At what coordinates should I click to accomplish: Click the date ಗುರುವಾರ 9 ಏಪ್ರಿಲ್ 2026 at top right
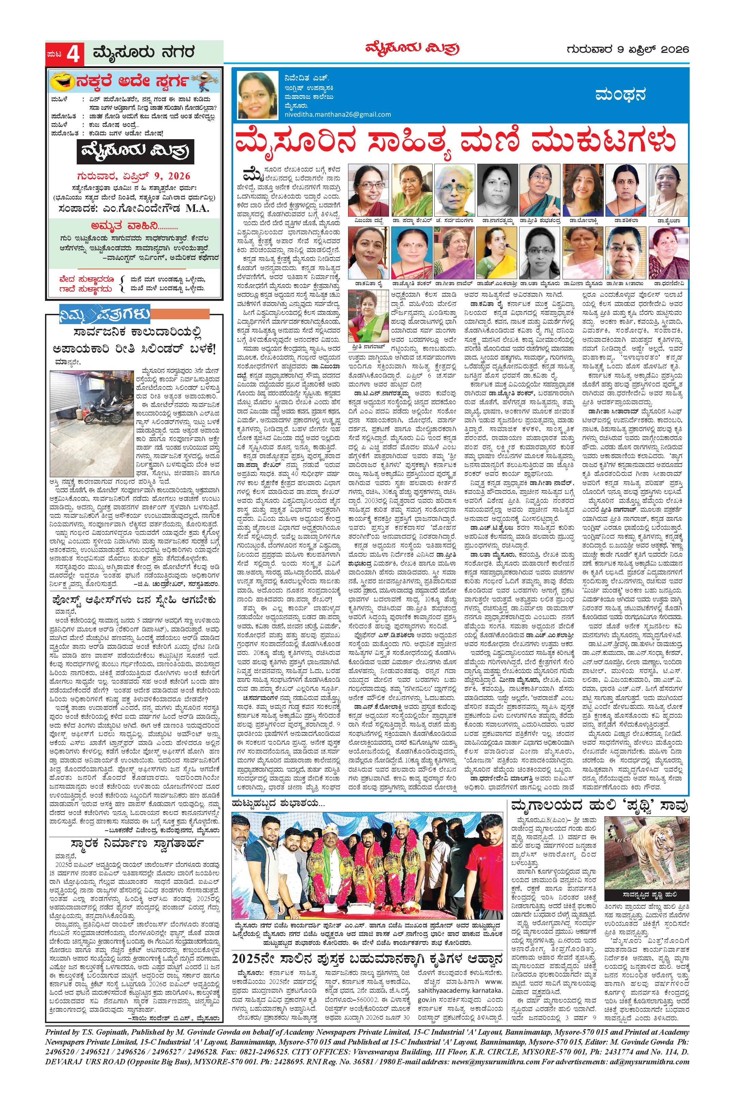pyautogui.click(x=627, y=49)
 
